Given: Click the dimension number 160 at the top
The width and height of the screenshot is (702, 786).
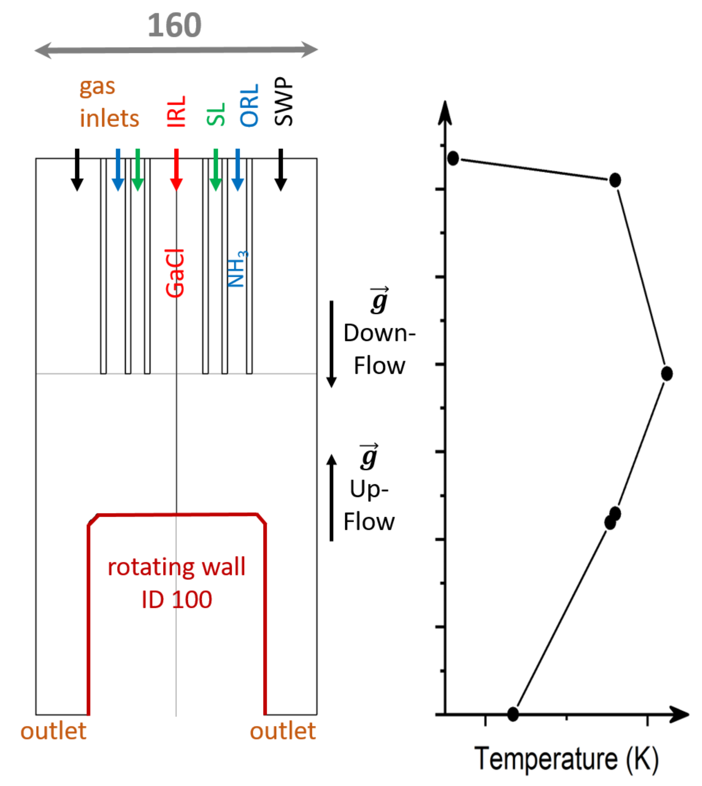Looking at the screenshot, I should click(x=174, y=25).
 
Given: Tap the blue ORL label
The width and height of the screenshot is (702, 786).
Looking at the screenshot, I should click(x=249, y=106).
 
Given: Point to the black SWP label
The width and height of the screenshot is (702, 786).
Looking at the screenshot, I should click(x=284, y=102).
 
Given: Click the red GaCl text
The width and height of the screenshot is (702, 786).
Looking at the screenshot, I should click(x=175, y=273).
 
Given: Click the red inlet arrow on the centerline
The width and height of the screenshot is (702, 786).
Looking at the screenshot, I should click(x=176, y=170).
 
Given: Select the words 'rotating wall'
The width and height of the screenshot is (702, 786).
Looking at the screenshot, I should click(x=176, y=567).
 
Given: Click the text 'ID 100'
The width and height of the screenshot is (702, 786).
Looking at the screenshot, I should click(x=177, y=600).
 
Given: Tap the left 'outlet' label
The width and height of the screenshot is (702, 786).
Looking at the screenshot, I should click(x=53, y=731).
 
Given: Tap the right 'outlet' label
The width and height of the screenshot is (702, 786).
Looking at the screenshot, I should click(x=283, y=731).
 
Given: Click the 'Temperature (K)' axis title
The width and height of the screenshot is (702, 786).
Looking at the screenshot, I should click(x=566, y=759).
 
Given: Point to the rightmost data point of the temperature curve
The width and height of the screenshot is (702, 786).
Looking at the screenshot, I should click(x=666, y=374).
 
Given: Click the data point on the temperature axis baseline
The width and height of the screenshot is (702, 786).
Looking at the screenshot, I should click(x=513, y=714).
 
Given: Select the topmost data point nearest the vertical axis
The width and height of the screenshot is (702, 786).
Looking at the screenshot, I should click(x=453, y=158).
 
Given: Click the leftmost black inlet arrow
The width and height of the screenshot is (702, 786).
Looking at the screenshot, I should click(x=77, y=170).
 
